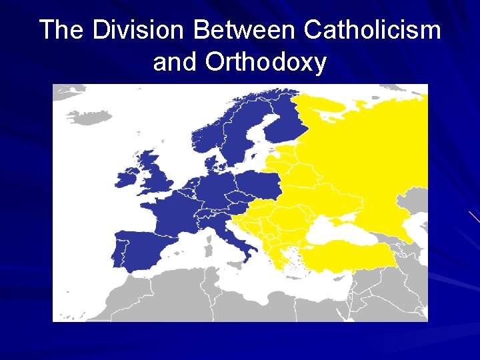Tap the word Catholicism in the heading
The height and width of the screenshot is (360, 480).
tap(372, 30)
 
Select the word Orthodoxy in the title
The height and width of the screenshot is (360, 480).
tap(266, 62)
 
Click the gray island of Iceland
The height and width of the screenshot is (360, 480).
tap(89, 117)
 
